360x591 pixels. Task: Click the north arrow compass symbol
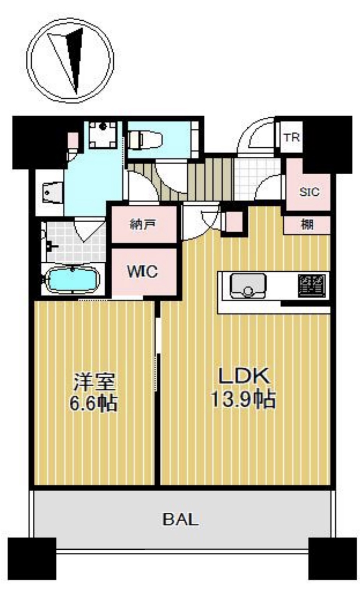(70, 60)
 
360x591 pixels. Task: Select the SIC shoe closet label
(309, 192)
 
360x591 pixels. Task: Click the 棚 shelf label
(307, 225)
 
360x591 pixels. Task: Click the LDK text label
(244, 376)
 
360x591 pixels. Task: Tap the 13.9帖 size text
(243, 400)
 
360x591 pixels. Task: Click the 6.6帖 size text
(94, 403)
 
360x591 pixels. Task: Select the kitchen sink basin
(248, 286)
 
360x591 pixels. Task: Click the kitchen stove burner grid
(312, 286)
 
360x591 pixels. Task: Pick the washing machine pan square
(102, 135)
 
